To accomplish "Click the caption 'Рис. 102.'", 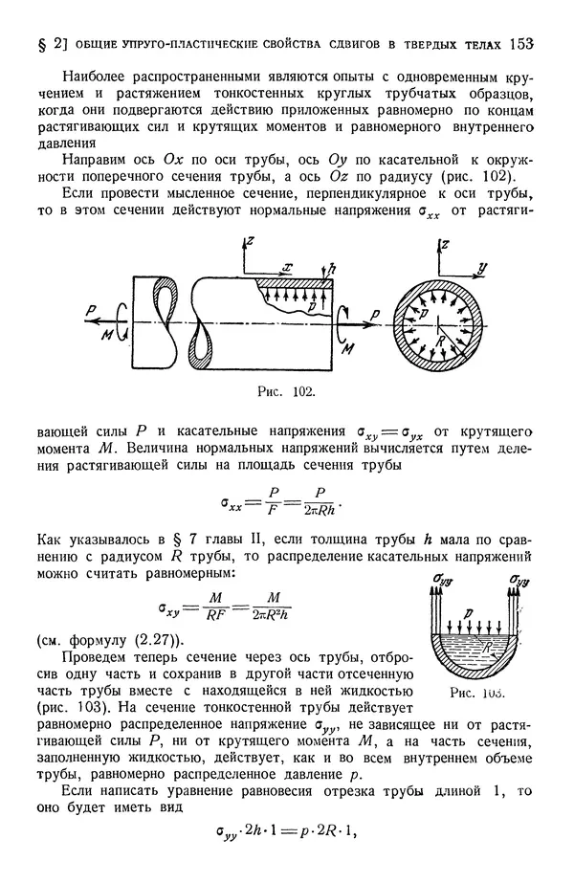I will pyautogui.click(x=287, y=390).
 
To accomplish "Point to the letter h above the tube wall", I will pyautogui.click(x=332, y=272).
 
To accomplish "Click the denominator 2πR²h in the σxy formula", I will pyautogui.click(x=271, y=614).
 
